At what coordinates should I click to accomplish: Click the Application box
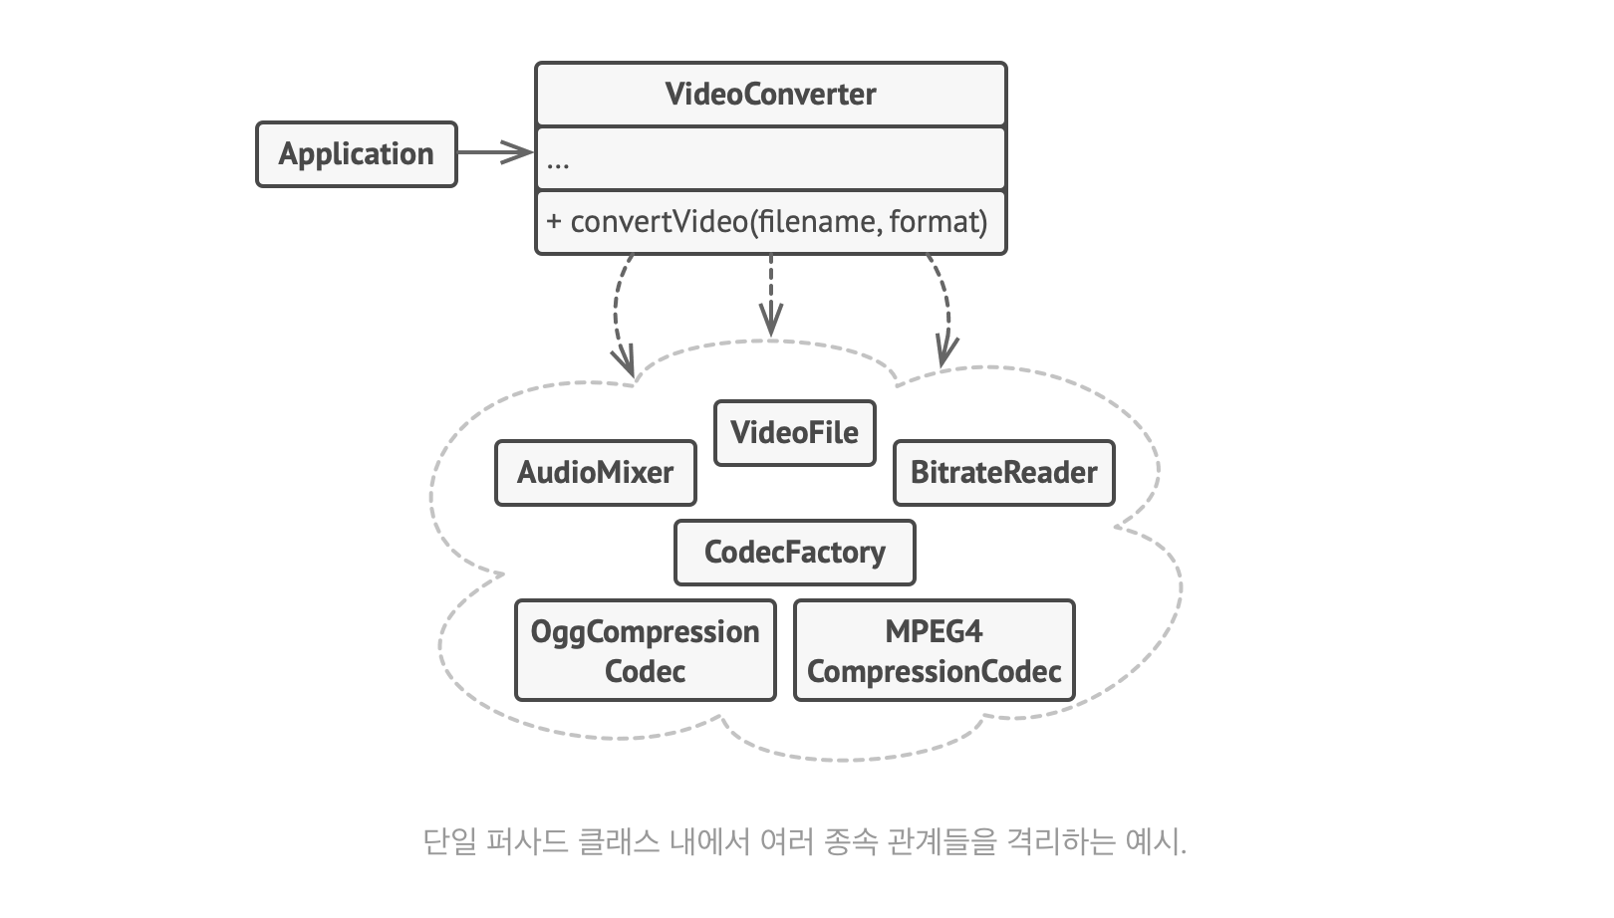pyautogui.click(x=356, y=154)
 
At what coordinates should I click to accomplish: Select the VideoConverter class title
pyautogui.click(x=770, y=95)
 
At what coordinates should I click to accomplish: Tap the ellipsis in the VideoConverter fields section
pyautogui.click(x=558, y=162)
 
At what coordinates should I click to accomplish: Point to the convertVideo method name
pyautogui.click(x=658, y=221)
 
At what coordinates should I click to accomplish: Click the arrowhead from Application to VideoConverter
pyautogui.click(x=519, y=152)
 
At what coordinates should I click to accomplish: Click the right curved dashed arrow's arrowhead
pyautogui.click(x=945, y=350)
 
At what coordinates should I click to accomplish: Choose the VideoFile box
pyautogui.click(x=794, y=433)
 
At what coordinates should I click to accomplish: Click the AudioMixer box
pyautogui.click(x=595, y=473)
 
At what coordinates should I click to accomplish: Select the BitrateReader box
pyautogui.click(x=1003, y=473)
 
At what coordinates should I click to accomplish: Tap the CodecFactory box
pyautogui.click(x=794, y=553)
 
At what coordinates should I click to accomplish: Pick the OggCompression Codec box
pyautogui.click(x=645, y=650)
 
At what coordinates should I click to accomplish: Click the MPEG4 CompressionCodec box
pyautogui.click(x=934, y=650)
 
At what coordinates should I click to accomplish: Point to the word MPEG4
pyautogui.click(x=934, y=631)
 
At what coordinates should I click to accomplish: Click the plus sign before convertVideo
pyautogui.click(x=554, y=221)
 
